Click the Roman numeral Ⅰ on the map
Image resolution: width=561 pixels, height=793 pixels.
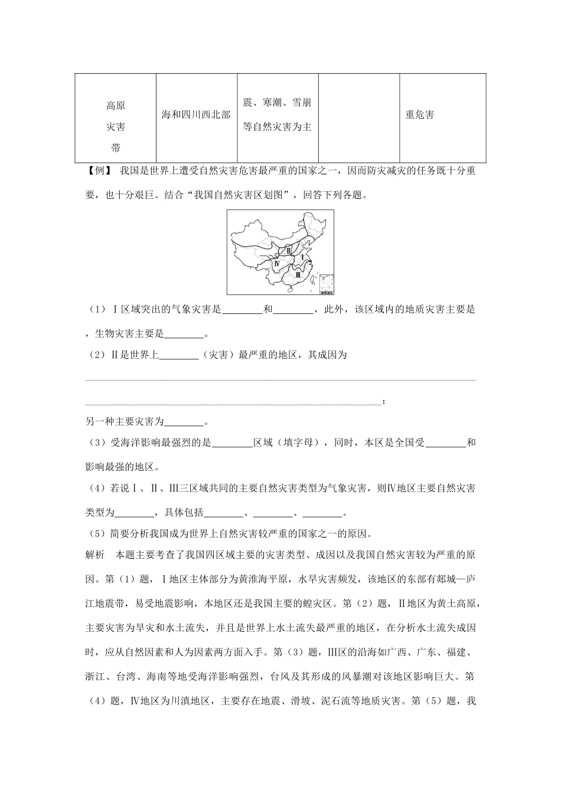tap(302, 258)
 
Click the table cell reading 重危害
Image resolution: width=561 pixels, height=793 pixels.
tap(419, 115)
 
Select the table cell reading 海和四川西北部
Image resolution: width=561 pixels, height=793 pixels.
tap(196, 115)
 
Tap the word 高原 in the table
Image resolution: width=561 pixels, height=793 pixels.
tap(115, 106)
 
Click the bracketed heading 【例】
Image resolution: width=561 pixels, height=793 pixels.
tap(99, 171)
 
